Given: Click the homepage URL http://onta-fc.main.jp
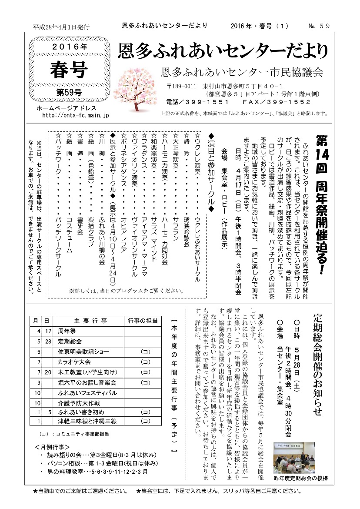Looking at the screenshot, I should pos(76,115).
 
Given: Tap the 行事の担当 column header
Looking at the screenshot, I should pos(143,321).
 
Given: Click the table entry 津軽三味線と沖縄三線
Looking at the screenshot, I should pos(87,422).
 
